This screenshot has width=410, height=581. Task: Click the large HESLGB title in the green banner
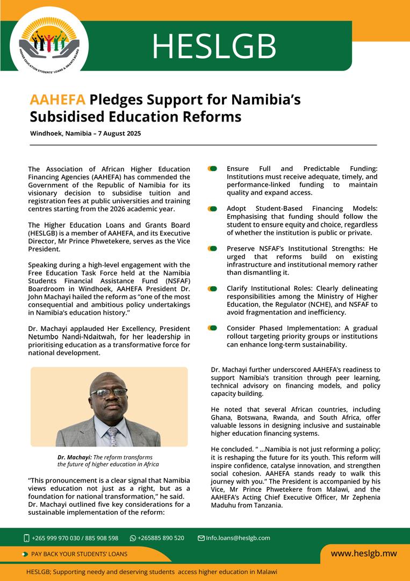coord(214,46)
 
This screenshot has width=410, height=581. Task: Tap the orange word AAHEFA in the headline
coord(57,100)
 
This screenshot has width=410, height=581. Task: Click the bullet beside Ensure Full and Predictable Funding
coord(213,169)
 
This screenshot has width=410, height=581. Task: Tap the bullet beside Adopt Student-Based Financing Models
coord(213,209)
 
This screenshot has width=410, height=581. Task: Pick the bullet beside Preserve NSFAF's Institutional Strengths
coord(213,249)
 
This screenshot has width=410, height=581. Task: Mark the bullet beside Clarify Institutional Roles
coord(213,288)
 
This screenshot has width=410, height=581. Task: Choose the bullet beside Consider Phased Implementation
coord(213,328)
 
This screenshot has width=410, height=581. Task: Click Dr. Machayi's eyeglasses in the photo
coord(109,393)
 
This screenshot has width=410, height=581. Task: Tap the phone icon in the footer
coord(26,538)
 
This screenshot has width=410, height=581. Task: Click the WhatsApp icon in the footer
coord(133,538)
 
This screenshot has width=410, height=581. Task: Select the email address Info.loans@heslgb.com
coord(238,538)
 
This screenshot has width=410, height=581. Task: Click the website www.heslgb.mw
coord(363,553)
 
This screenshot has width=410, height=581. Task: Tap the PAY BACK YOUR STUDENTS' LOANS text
coord(80,554)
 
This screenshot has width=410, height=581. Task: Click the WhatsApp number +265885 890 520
coord(161,538)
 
